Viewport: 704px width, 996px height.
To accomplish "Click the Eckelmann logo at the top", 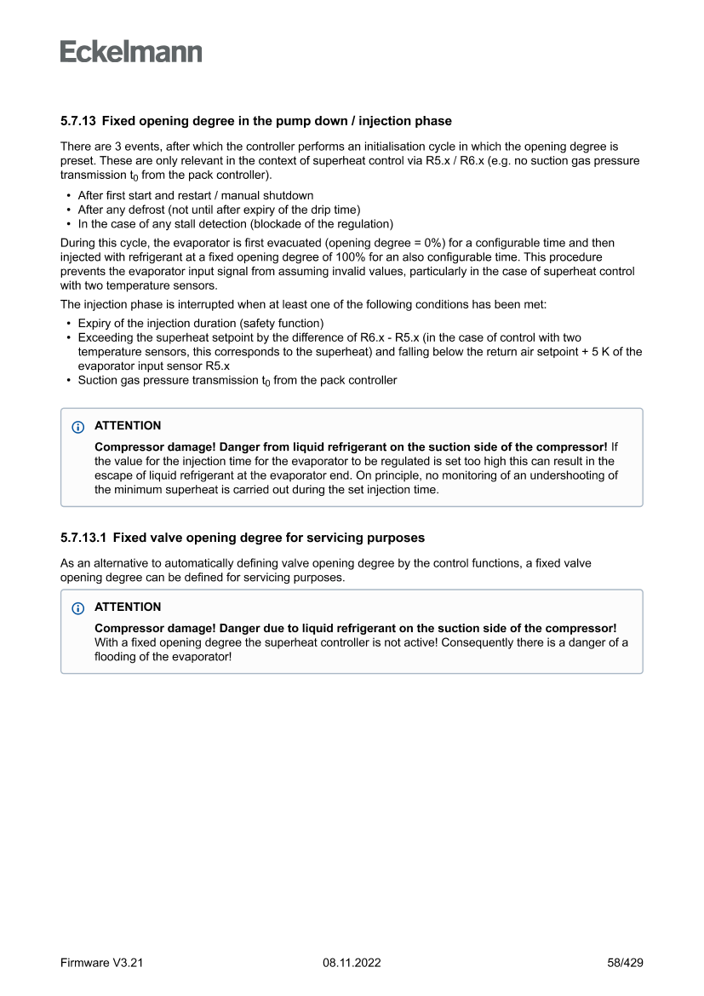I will point(131,52).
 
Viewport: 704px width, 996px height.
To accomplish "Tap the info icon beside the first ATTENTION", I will point(78,426).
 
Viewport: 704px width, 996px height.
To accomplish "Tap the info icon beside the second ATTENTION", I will point(78,607).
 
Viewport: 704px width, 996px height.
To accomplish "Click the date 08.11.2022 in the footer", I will point(352,963).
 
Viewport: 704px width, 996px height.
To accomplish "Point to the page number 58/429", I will point(625,963).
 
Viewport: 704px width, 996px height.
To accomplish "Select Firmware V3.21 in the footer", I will point(101,963).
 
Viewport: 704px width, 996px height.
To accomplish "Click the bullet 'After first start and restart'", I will point(195,195).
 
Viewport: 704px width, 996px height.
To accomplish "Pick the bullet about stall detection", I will point(235,224).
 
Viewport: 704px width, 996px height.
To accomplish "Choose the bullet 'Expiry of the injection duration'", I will point(200,324).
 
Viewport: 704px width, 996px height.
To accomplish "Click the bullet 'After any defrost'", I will point(219,210).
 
